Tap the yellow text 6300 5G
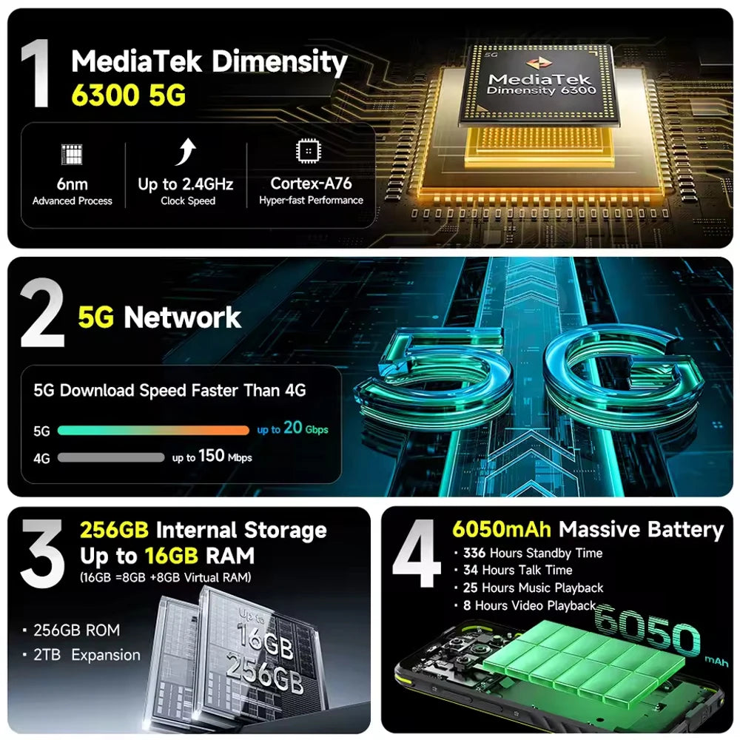point(128,95)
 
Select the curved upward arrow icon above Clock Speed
point(186,152)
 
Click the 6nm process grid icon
point(72,154)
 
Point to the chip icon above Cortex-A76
point(308,151)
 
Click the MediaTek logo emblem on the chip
point(540,63)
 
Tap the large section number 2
point(42,313)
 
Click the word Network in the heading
point(182,317)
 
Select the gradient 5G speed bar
point(153,430)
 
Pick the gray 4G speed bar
point(111,457)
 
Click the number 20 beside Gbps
point(292,427)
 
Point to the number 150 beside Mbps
point(211,455)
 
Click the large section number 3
point(42,554)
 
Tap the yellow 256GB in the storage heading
point(114,530)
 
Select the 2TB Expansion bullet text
point(87,655)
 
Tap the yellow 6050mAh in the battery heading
point(502,529)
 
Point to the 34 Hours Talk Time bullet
point(518,570)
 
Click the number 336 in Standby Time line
point(474,553)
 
